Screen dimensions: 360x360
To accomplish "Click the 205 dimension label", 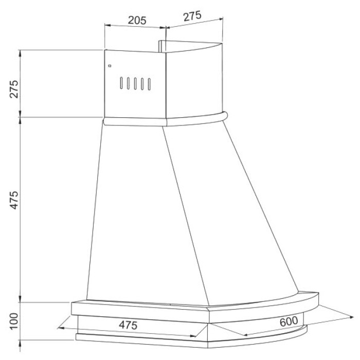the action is (x=137, y=20).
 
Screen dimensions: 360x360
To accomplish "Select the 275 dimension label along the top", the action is (x=192, y=16).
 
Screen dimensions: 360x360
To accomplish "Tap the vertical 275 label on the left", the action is (x=14, y=89).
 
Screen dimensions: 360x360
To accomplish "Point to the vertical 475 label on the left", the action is (x=14, y=200).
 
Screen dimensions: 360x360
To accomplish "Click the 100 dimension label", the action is (x=14, y=321).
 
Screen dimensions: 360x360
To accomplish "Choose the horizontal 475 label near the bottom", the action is (x=128, y=325).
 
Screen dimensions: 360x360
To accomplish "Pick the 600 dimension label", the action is (x=289, y=321).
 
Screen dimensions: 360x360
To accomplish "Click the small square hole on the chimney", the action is (x=110, y=66).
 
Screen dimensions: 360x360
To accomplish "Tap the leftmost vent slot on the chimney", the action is (x=121, y=83).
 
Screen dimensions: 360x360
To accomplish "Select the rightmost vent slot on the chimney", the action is (x=149, y=84).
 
